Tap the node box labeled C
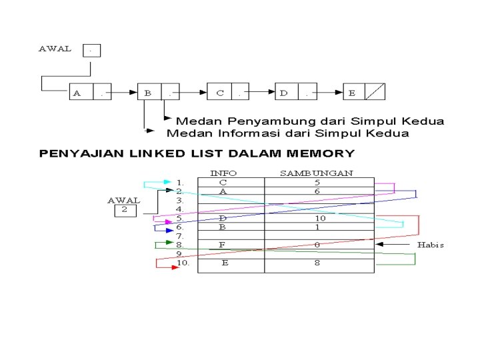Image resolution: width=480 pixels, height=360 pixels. [228, 93]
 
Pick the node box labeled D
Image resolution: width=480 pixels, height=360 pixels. [296, 93]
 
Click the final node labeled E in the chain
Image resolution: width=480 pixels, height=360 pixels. [364, 93]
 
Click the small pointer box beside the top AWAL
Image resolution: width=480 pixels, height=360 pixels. [91, 50]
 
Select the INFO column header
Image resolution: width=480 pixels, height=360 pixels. [223, 173]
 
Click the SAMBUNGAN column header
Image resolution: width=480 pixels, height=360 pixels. [316, 173]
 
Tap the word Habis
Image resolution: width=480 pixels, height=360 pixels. [430, 245]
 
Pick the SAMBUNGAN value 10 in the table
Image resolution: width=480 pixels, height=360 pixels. [320, 218]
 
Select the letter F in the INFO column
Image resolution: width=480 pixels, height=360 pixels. [222, 245]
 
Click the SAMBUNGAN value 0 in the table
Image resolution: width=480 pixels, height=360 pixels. [317, 245]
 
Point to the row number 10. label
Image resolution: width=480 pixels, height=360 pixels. [183, 263]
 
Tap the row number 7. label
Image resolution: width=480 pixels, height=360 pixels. [180, 236]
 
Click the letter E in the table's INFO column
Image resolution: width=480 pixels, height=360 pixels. [225, 263]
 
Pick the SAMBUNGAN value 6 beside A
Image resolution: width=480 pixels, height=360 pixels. [317, 191]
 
